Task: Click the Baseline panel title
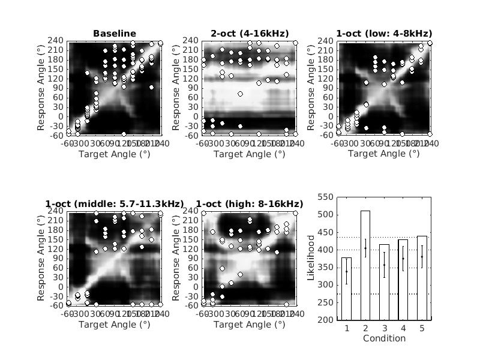[x=115, y=33]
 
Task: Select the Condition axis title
[x=384, y=338]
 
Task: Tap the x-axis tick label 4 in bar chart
[x=403, y=329]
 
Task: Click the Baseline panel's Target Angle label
[x=115, y=154]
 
